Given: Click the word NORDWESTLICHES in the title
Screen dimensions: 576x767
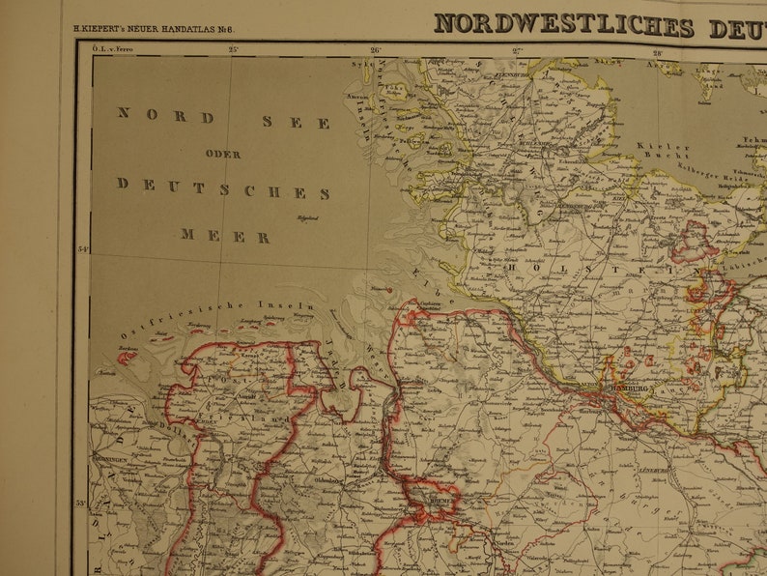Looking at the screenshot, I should (563, 24).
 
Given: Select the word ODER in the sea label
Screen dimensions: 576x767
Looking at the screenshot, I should (223, 154).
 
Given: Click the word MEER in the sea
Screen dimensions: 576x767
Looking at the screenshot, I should (224, 236).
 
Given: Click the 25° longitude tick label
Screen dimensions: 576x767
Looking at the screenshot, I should (233, 48).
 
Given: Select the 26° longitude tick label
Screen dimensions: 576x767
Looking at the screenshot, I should (375, 49).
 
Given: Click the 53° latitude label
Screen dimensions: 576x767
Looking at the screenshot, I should (83, 504).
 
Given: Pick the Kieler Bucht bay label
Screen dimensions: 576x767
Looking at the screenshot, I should (662, 150).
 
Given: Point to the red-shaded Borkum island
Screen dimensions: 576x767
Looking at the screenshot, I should (126, 355).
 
